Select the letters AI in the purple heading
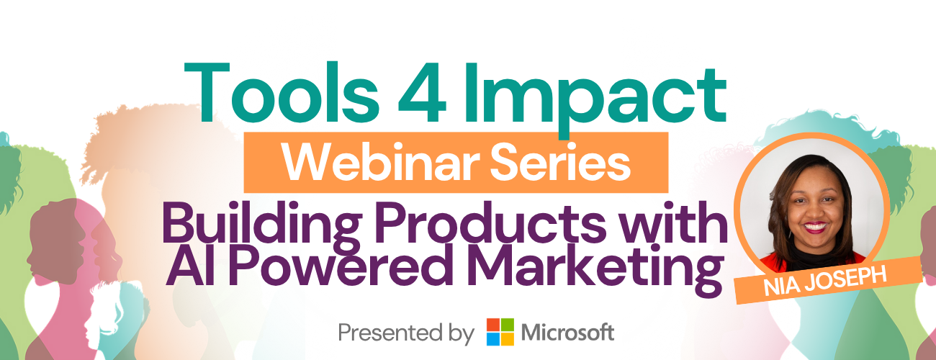pos(190,264)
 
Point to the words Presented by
pos(406,333)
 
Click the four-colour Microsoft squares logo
pos(500,332)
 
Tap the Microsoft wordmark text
pos(567,333)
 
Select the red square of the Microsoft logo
pos(493,325)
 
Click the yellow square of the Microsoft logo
pos(508,339)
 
